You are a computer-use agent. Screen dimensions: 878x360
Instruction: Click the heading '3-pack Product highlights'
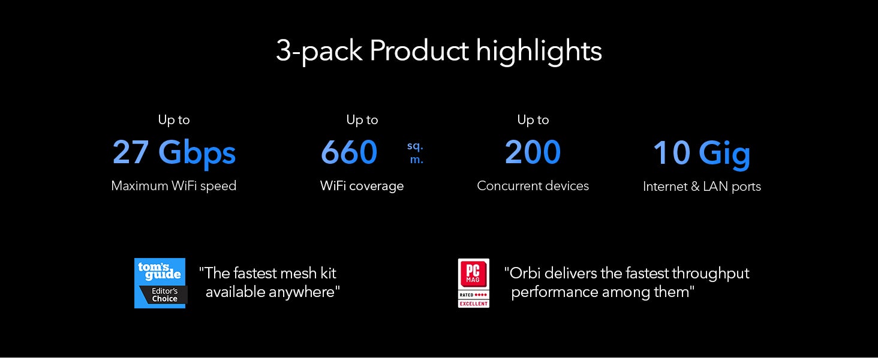point(438,51)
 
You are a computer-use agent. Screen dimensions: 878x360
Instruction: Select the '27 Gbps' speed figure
point(174,153)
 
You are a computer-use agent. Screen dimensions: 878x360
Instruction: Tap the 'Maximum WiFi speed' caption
point(174,186)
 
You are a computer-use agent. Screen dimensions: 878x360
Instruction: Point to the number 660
point(349,152)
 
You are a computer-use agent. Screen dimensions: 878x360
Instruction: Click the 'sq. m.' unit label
point(416,152)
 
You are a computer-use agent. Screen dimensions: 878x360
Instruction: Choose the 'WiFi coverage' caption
point(362,186)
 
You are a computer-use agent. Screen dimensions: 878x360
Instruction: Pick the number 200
point(533,152)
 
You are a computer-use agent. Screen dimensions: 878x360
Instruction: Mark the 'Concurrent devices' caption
point(533,186)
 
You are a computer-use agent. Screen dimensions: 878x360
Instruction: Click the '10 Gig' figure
point(702,154)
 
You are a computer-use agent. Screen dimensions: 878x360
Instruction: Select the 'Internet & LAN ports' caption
point(702,187)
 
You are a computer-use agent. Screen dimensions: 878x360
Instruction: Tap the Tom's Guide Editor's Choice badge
point(160,283)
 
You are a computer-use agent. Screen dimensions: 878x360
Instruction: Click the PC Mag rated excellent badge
point(474,283)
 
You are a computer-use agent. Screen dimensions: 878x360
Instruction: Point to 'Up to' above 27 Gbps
point(174,120)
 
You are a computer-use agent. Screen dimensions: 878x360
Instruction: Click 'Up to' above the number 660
point(362,120)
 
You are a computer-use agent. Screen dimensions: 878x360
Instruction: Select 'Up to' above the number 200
point(533,120)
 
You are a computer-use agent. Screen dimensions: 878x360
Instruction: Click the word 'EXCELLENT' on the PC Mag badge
point(474,304)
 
